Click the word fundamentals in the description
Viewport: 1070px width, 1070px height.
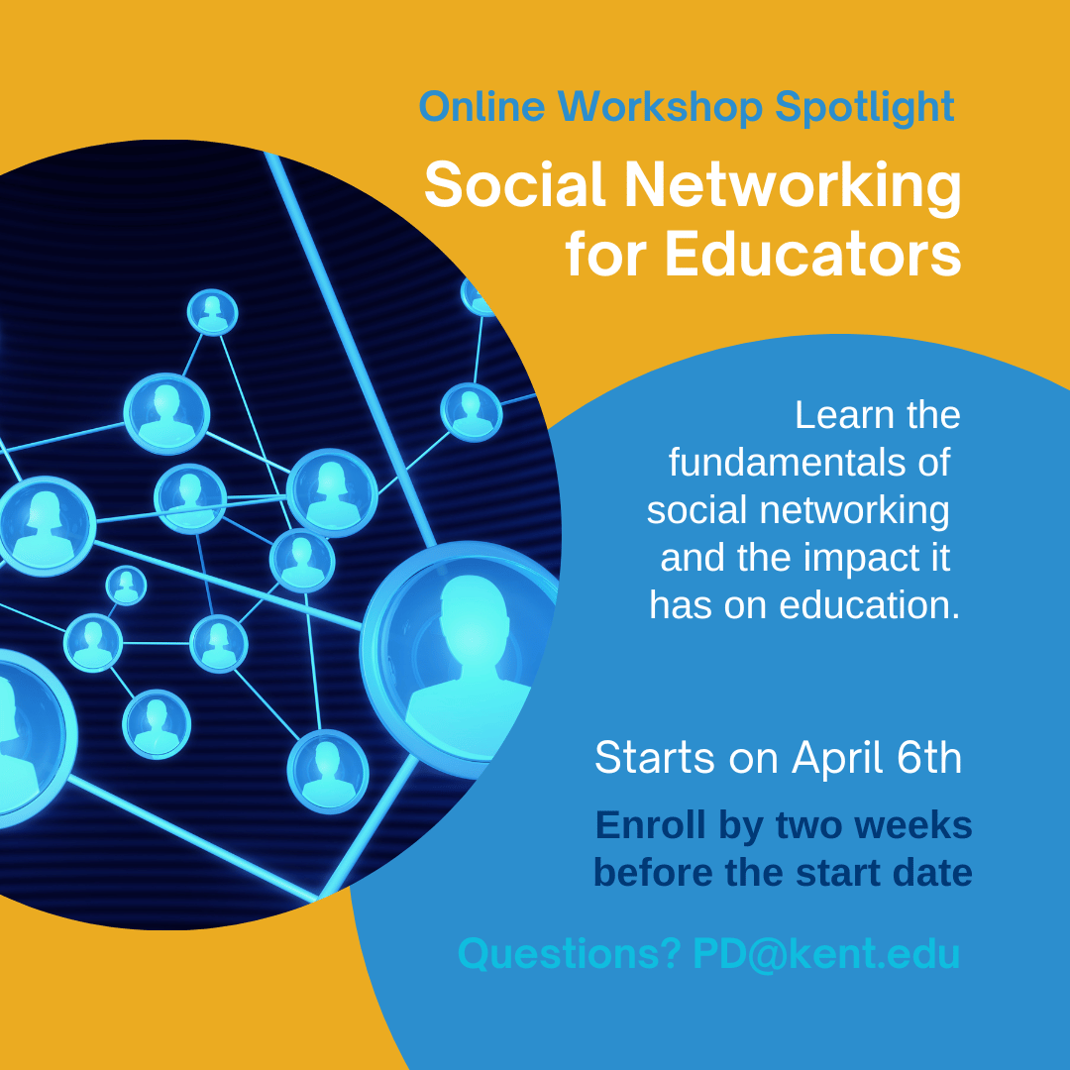coord(808,463)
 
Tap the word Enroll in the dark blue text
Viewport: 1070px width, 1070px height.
coord(649,825)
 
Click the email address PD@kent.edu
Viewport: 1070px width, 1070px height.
coord(826,955)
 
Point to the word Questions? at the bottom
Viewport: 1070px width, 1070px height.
coord(569,955)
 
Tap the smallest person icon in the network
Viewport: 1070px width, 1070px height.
coord(126,585)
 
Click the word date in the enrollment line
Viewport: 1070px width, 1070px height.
coord(928,874)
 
